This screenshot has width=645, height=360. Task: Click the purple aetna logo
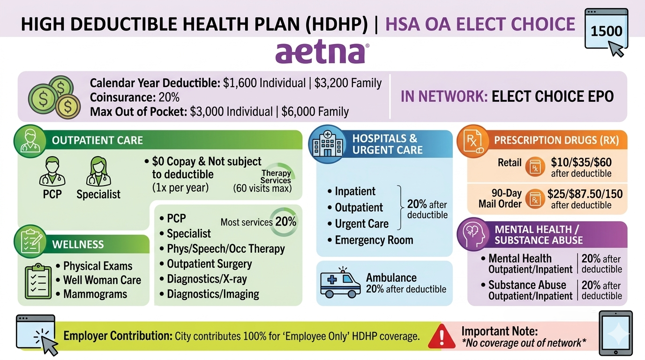click(322, 53)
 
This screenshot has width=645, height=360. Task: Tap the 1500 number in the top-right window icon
click(607, 31)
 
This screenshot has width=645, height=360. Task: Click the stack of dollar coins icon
click(54, 97)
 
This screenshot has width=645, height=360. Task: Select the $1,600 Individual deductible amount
click(264, 83)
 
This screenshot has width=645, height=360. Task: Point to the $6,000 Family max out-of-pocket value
click(315, 112)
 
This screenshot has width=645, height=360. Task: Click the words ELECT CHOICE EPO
click(553, 97)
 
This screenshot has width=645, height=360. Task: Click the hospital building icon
click(327, 143)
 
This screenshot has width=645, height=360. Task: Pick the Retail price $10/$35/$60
click(581, 163)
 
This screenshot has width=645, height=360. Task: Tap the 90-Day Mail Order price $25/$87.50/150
click(585, 194)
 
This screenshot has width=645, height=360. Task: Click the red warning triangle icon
click(442, 336)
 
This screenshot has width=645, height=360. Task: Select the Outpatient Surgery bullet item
click(206, 264)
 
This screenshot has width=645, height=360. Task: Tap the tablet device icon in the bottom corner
click(615, 333)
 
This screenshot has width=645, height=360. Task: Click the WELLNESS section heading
click(78, 245)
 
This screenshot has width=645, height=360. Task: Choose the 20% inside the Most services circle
click(285, 222)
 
